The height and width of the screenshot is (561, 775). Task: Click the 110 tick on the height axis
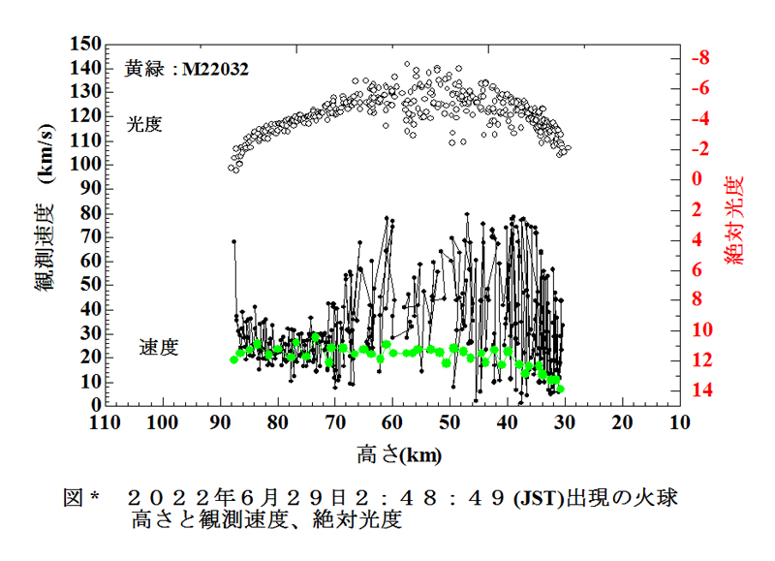coord(105,423)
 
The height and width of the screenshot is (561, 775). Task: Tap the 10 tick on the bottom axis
coord(679,423)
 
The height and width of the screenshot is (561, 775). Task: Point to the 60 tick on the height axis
coord(392,423)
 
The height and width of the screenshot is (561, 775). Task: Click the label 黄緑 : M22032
coord(187,70)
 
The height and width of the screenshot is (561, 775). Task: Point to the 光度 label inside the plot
coord(145,124)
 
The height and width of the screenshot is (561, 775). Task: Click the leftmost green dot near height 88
coord(233,359)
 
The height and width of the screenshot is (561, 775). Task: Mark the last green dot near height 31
coord(560,389)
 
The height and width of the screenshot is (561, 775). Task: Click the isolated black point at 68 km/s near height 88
coord(233,241)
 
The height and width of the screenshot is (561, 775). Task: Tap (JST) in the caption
coord(541,498)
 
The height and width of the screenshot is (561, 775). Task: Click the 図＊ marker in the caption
coord(83,498)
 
